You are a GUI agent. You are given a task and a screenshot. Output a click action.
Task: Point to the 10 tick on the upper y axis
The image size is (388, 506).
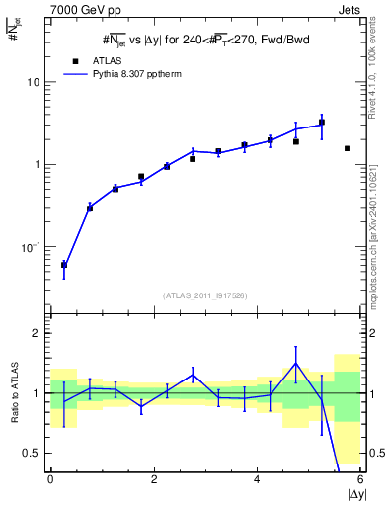click(34, 82)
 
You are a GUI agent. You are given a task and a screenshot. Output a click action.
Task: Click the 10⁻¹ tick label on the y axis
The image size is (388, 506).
click(30, 246)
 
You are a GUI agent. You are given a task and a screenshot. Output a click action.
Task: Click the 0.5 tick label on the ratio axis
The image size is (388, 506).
click(32, 453)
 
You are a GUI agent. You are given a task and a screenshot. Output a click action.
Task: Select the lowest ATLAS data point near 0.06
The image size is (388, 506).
click(64, 265)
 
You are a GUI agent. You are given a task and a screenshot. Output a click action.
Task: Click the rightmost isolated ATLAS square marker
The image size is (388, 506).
click(348, 148)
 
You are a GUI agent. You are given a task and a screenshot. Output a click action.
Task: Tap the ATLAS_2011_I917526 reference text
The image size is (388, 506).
click(204, 295)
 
